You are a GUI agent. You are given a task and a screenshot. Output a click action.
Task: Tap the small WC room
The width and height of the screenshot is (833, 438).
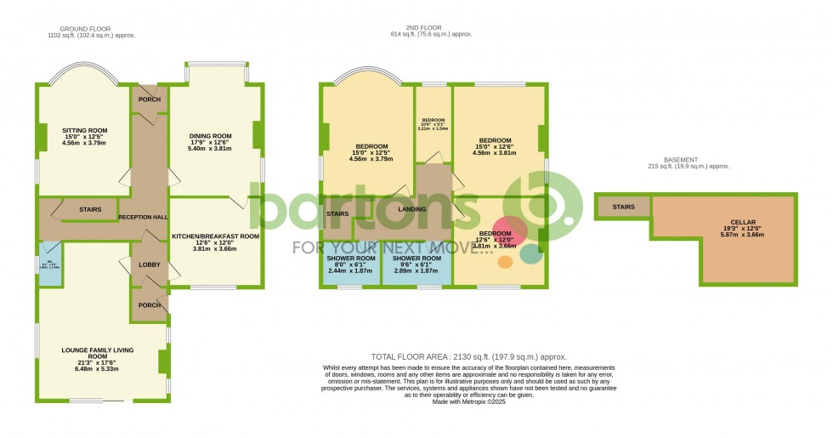(x=49, y=264)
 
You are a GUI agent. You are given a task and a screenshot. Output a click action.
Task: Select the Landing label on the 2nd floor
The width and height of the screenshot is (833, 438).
(x=411, y=208)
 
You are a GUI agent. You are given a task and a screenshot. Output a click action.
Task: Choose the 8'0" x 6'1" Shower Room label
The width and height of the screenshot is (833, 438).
(x=351, y=264)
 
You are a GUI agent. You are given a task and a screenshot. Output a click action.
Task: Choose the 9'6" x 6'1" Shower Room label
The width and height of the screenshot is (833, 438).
(x=416, y=264)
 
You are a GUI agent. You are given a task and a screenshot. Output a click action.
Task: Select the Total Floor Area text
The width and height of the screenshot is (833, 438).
(x=469, y=357)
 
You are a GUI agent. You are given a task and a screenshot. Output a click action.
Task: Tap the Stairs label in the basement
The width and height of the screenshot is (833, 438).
(x=624, y=207)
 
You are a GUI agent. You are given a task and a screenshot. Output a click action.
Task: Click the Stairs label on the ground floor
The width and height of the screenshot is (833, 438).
(x=91, y=208)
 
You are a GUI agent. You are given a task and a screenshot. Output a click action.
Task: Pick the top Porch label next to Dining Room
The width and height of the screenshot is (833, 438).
(x=150, y=100)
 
